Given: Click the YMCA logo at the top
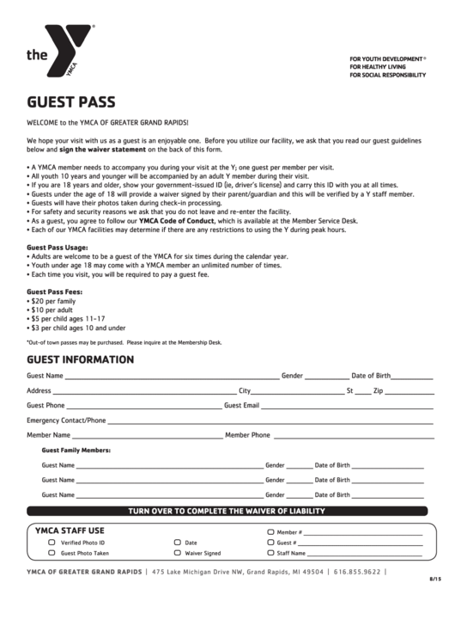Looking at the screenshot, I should (x=60, y=53).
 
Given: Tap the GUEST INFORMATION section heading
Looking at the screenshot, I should (x=80, y=359).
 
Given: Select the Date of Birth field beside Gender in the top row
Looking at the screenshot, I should (x=413, y=377).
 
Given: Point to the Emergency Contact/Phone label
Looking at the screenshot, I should (x=66, y=420).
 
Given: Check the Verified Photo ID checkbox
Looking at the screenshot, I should (x=52, y=543).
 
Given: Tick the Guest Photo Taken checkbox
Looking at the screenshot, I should (x=52, y=554).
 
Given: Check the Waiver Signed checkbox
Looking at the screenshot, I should (x=178, y=554).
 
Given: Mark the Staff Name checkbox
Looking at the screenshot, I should (x=270, y=554).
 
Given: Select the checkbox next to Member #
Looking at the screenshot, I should (x=270, y=532).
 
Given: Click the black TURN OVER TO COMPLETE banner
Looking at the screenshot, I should (x=227, y=511).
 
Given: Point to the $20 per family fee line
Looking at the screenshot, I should (x=53, y=302).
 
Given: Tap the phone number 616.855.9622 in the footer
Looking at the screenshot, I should (x=357, y=572).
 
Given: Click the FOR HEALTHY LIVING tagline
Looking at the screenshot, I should (x=378, y=67).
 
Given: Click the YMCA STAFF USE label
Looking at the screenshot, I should (x=70, y=531).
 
